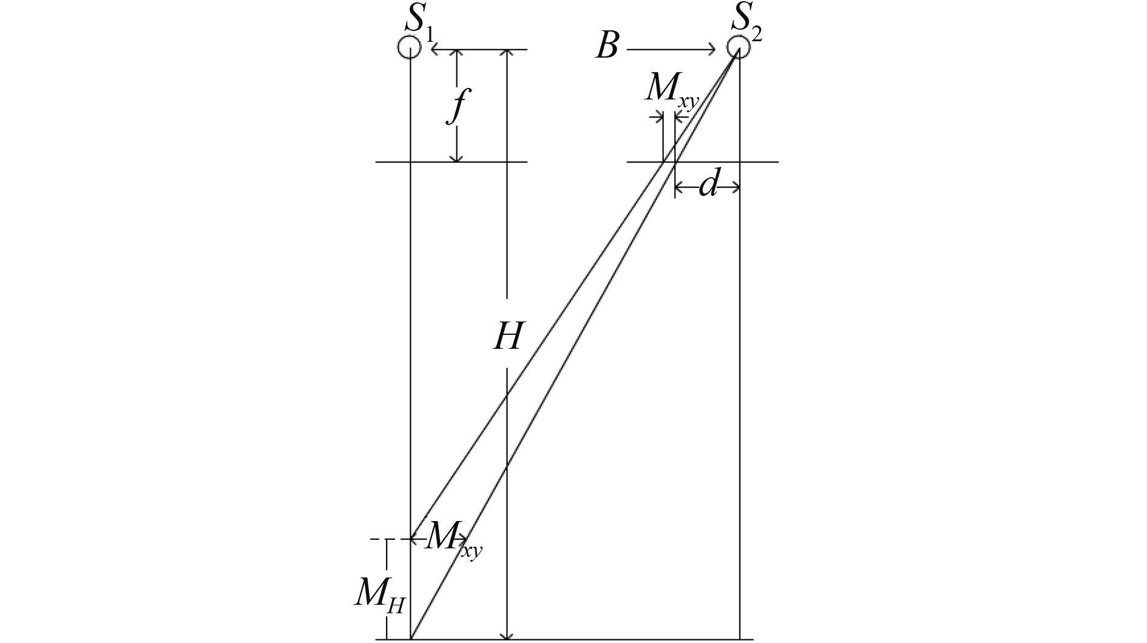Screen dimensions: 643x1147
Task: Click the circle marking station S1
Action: point(410,47)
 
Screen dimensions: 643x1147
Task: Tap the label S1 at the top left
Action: point(419,21)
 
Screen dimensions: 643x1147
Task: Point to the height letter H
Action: point(507,337)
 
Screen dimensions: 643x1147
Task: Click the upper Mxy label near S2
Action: point(671,91)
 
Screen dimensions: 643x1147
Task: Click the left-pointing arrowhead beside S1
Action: point(435,49)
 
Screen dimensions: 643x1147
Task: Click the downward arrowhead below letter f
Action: point(457,157)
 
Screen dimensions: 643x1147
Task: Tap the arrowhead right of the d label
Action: point(735,188)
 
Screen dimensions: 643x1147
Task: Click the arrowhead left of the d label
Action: point(680,188)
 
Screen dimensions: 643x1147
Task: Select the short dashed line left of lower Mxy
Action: point(379,539)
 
